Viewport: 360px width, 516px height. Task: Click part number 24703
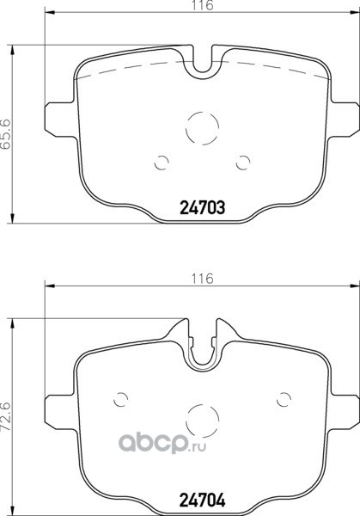pos(202,207)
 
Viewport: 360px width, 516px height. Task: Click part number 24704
pos(202,500)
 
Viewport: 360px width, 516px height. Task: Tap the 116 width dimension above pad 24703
pos(203,6)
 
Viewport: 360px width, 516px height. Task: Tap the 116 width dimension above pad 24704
pos(203,279)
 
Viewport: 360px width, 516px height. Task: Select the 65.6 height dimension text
pos(7,134)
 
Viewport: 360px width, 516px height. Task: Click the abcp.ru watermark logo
pos(162,443)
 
